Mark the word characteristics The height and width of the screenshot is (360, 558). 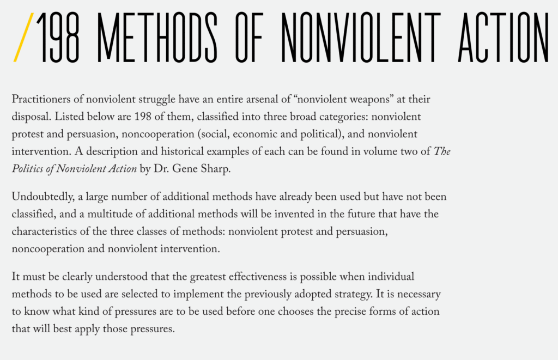coord(45,231)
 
